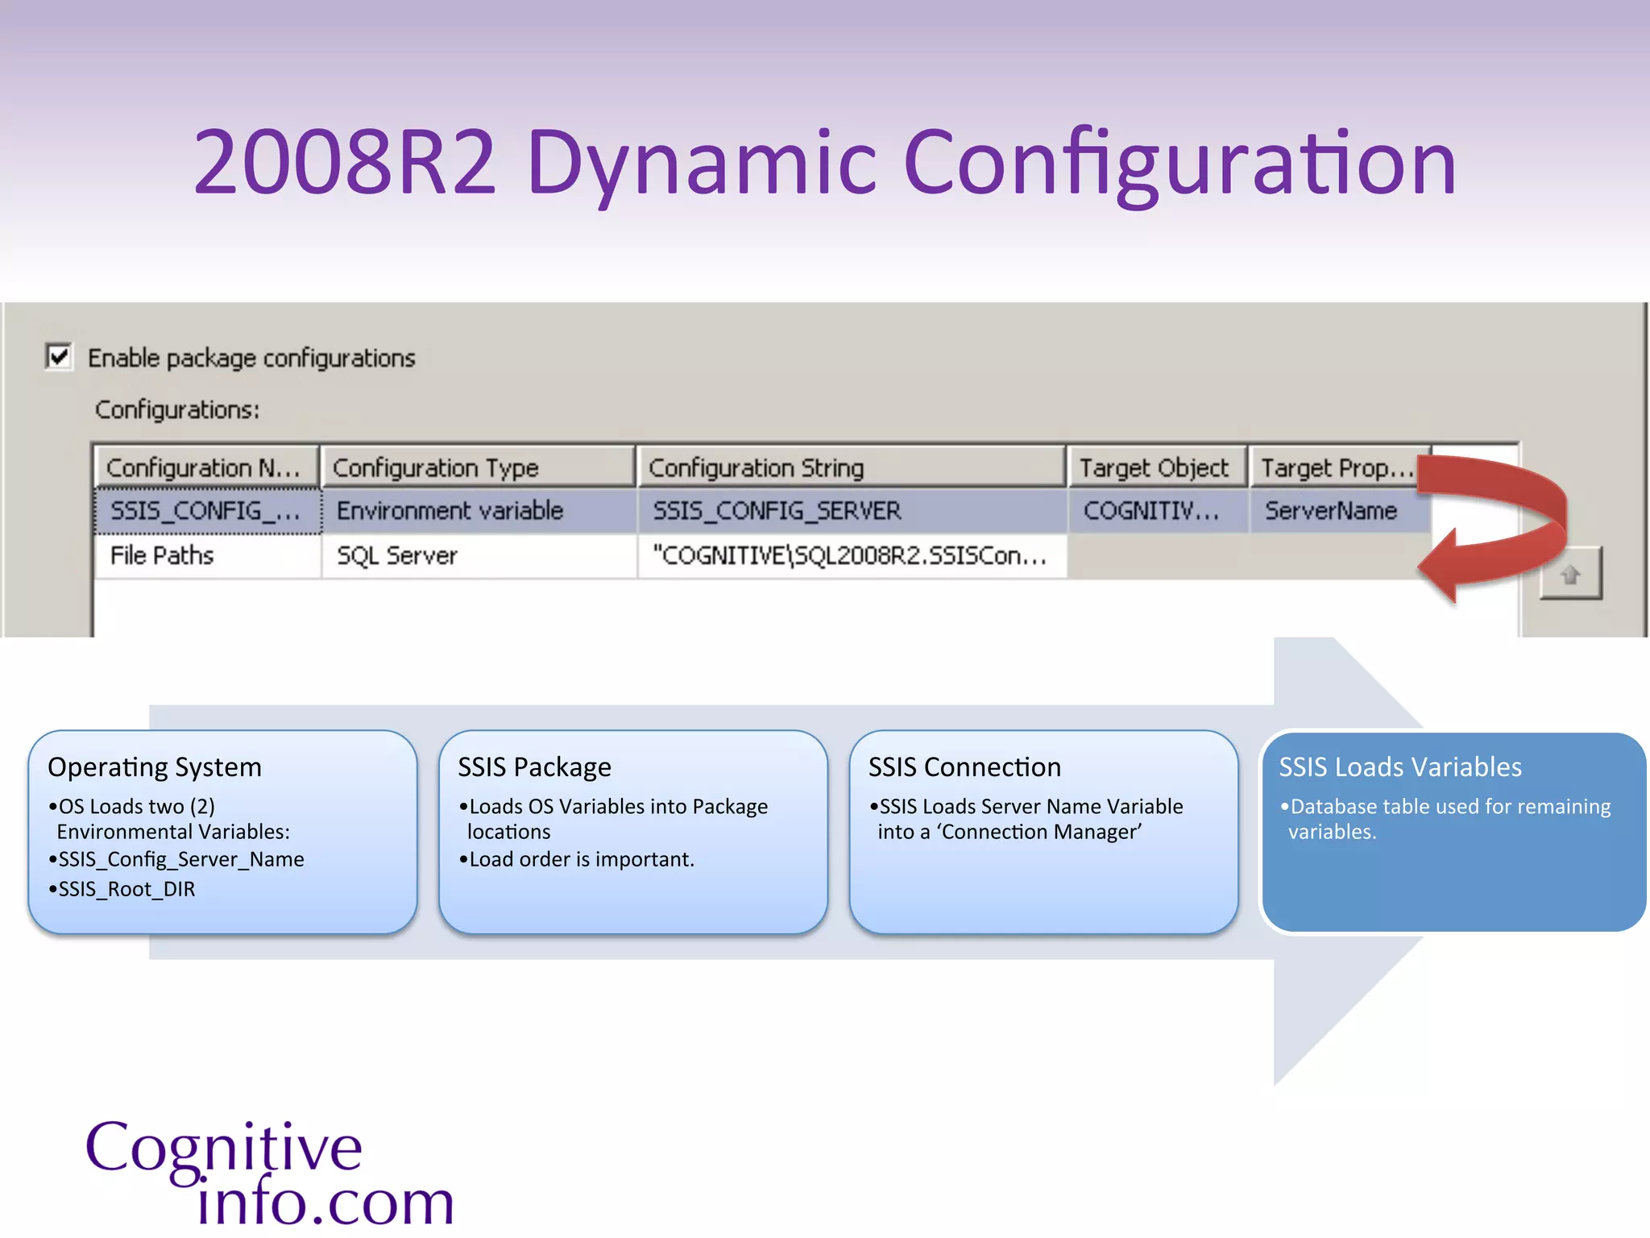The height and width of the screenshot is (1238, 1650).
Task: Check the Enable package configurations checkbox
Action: pyautogui.click(x=59, y=356)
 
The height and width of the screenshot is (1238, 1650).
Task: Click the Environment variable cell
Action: pyautogui.click(x=450, y=511)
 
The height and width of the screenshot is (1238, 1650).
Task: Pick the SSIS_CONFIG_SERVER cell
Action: pyautogui.click(x=777, y=511)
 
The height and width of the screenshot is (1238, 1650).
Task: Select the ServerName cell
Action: pyautogui.click(x=1330, y=511)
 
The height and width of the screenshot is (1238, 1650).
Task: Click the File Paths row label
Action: pyautogui.click(x=162, y=555)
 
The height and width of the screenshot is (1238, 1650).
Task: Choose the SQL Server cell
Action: pyautogui.click(x=396, y=555)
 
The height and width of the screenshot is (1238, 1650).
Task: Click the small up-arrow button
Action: pyautogui.click(x=1570, y=574)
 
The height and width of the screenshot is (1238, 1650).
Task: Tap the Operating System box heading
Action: pyautogui.click(x=155, y=766)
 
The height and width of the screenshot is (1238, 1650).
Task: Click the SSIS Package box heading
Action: pyautogui.click(x=534, y=766)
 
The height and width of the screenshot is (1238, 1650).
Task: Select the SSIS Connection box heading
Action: pyautogui.click(x=964, y=766)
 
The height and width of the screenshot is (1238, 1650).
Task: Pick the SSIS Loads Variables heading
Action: pyautogui.click(x=1400, y=766)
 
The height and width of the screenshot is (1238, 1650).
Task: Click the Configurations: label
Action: pyautogui.click(x=177, y=409)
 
